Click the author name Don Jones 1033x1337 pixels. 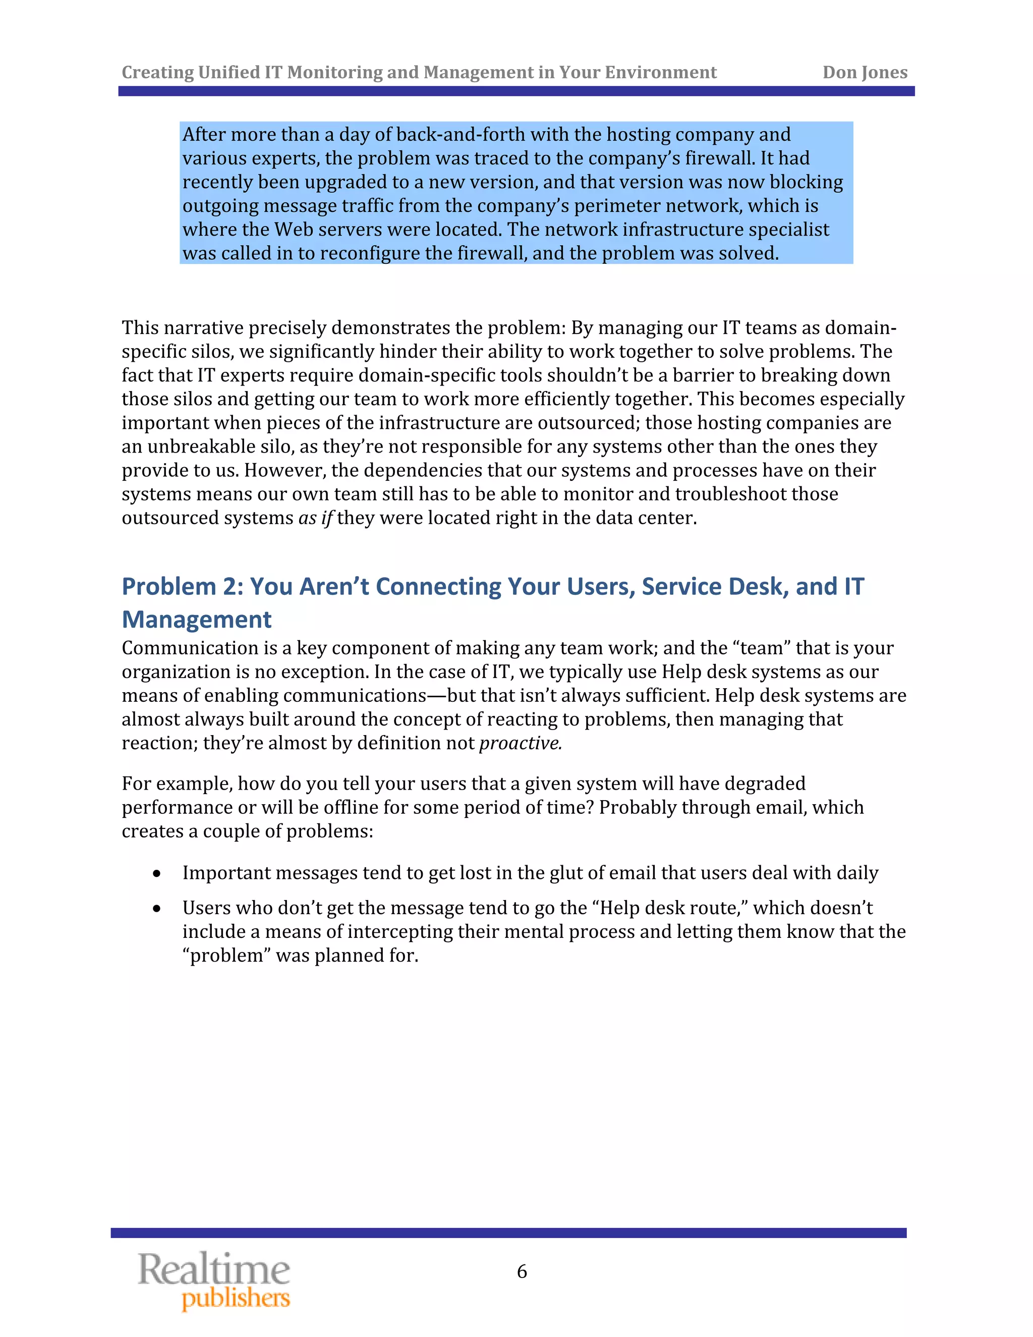tap(864, 72)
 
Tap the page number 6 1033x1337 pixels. tap(522, 1271)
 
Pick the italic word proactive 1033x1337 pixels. tap(520, 743)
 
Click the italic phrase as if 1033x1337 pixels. tap(315, 518)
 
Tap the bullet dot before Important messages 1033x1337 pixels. tap(157, 873)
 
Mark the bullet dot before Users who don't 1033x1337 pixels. tap(157, 909)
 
